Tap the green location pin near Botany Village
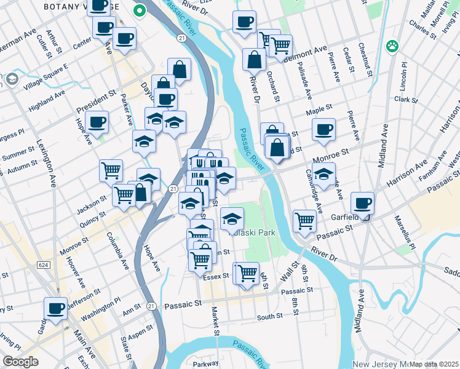[140, 10]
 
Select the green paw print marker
[392, 46]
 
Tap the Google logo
[20, 362]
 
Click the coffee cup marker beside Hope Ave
[97, 122]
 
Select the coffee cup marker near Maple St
[323, 129]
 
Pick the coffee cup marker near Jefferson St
[55, 308]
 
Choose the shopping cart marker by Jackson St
[111, 170]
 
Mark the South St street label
[269, 316]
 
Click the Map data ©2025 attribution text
[433, 364]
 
